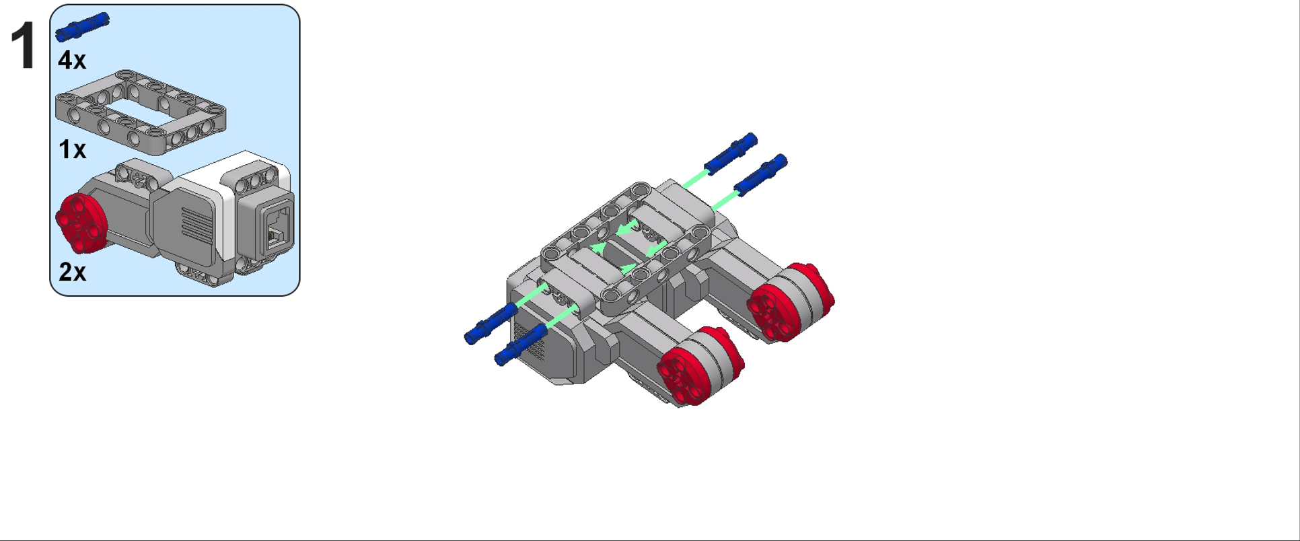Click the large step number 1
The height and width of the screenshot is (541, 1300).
[24, 45]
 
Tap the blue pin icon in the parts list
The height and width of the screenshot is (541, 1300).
[82, 27]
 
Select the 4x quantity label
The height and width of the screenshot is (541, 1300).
[72, 60]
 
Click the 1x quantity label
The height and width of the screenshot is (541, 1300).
[72, 149]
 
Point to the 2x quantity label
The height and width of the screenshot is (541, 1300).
[72, 272]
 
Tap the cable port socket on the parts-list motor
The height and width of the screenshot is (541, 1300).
[278, 227]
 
